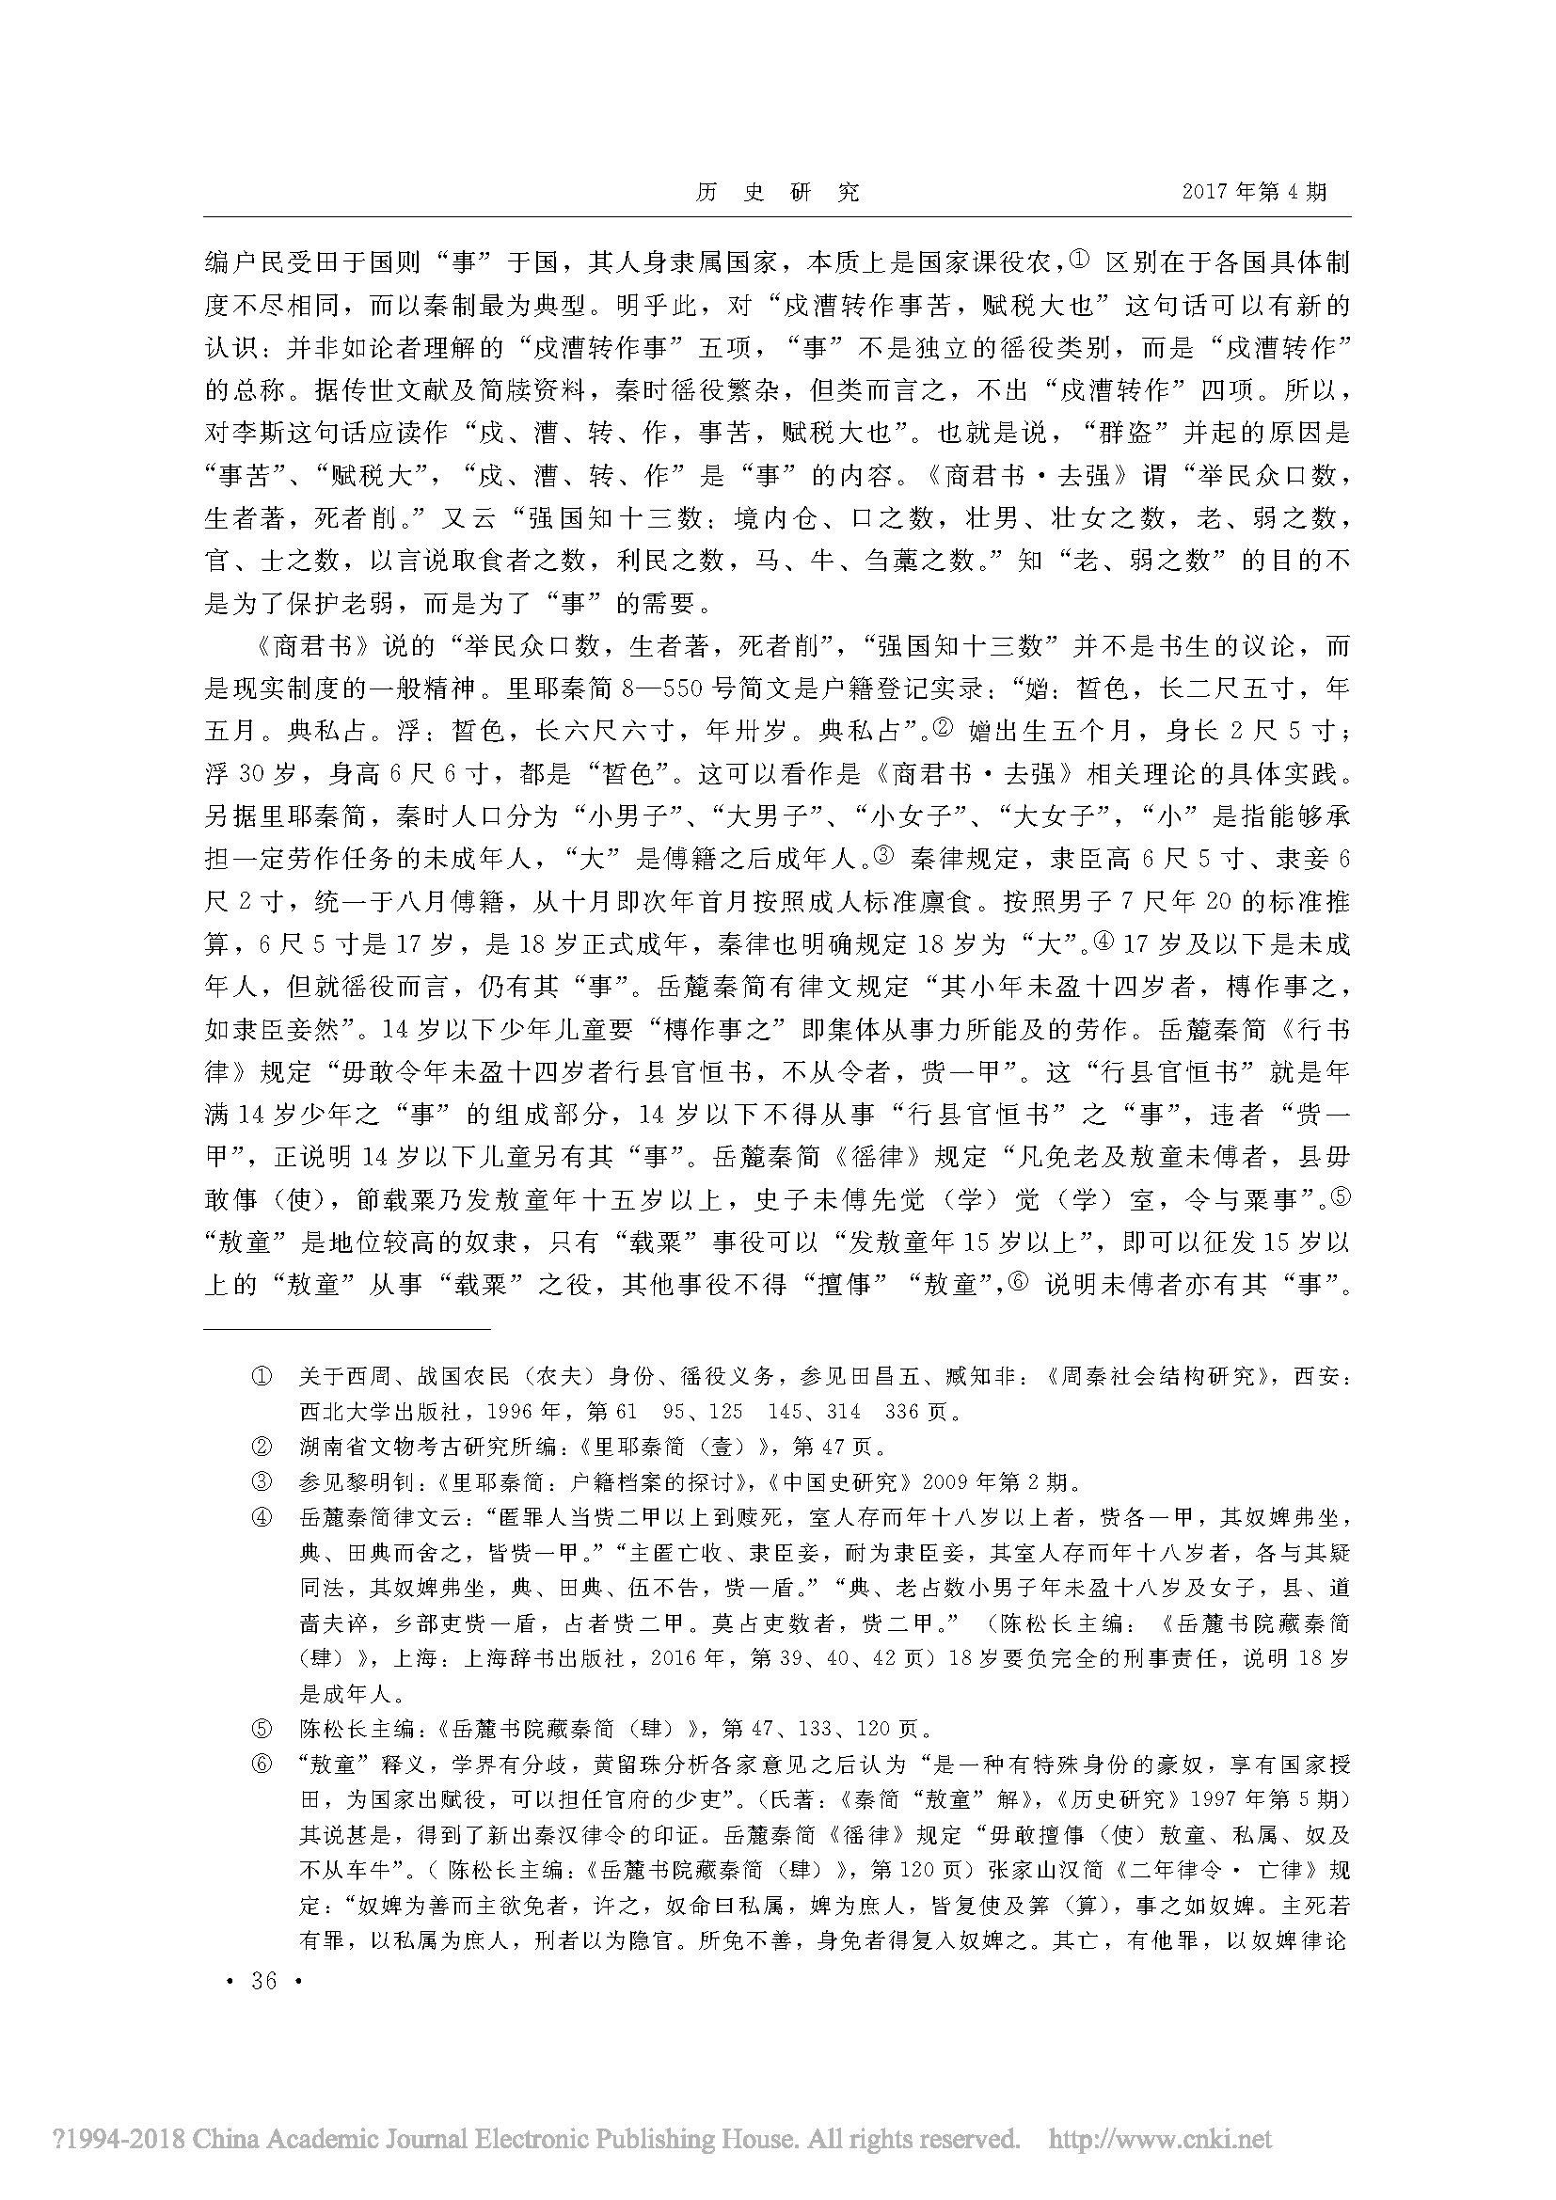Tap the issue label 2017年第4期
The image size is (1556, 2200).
pos(1254,192)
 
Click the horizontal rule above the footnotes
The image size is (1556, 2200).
pos(347,1330)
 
